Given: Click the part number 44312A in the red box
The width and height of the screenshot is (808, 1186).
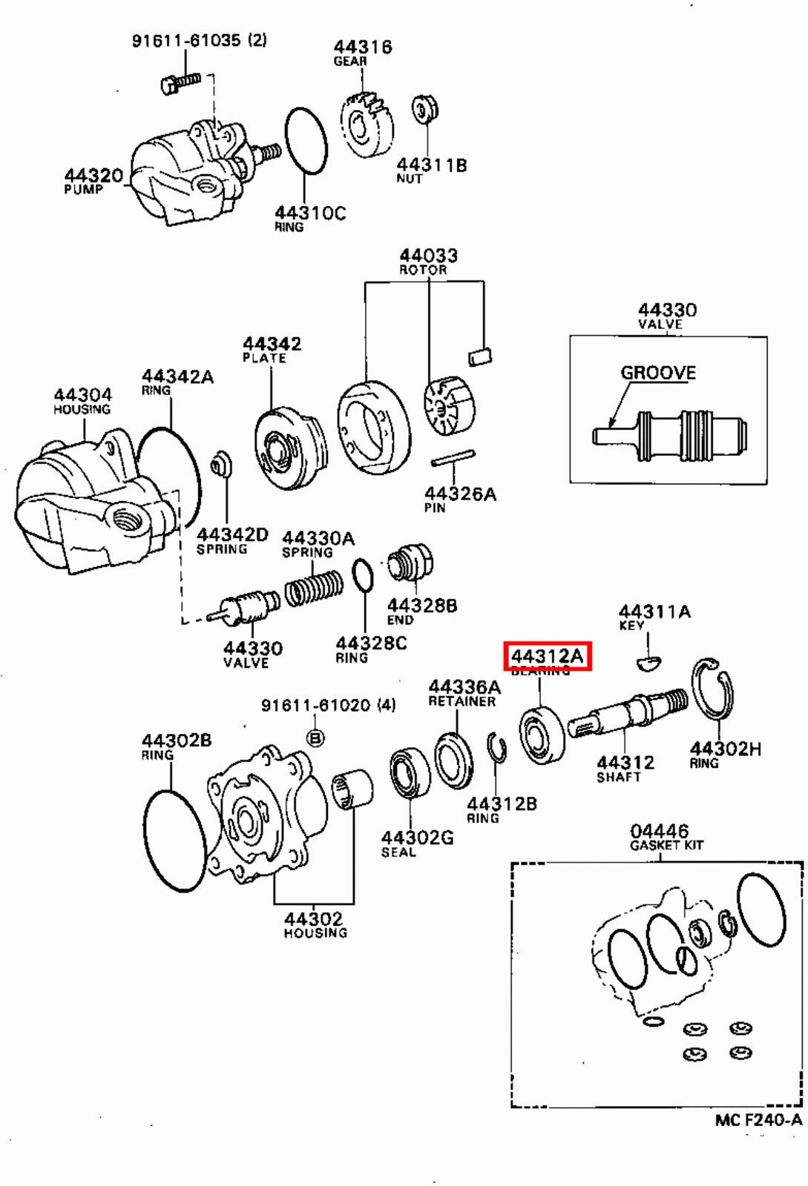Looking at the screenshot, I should pyautogui.click(x=547, y=656).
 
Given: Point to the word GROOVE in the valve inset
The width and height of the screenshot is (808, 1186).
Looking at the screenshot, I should pyautogui.click(x=658, y=372).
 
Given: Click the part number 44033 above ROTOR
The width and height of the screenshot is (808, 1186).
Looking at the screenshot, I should pyautogui.click(x=429, y=256).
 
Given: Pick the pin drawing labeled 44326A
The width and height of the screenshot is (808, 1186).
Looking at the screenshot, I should pyautogui.click(x=453, y=458).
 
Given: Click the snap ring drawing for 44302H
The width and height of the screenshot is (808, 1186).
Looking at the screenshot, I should pyautogui.click(x=713, y=689).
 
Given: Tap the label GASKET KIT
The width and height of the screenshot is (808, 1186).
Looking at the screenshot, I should pyautogui.click(x=666, y=845).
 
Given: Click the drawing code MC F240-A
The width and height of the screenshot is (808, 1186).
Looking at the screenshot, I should pyautogui.click(x=758, y=1120).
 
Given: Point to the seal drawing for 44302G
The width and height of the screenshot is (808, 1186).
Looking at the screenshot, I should pyautogui.click(x=410, y=772).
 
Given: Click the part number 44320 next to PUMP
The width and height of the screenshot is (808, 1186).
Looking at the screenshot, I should pyautogui.click(x=93, y=176).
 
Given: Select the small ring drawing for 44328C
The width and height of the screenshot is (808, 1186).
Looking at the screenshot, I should pyautogui.click(x=363, y=575).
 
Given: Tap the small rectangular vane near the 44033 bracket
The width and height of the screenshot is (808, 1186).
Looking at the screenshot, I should pyautogui.click(x=480, y=356).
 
